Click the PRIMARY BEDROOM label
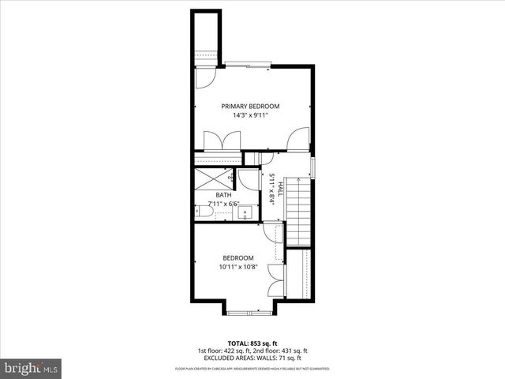click(x=250, y=106)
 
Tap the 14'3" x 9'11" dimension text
click(x=250, y=115)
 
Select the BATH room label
click(x=224, y=195)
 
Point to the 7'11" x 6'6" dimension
click(x=223, y=204)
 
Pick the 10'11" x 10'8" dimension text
click(x=238, y=267)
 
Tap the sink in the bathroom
click(x=245, y=211)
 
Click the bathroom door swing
click(x=247, y=178)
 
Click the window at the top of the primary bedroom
click(x=247, y=65)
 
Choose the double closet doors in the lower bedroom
click(x=275, y=281)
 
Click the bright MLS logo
click(x=31, y=368)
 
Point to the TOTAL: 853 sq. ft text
click(x=252, y=343)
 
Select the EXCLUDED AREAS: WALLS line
click(x=252, y=359)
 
